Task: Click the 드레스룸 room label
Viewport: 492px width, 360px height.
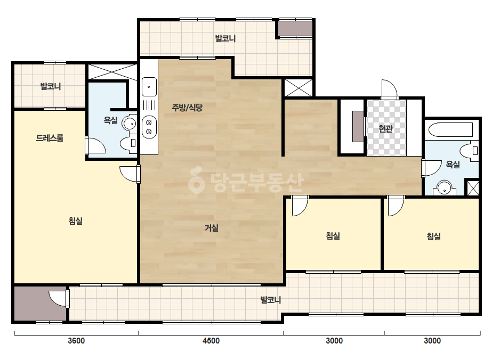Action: [x=50, y=138]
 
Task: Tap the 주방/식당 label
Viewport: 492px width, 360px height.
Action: [x=187, y=108]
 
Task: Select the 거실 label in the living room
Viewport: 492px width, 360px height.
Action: [x=212, y=228]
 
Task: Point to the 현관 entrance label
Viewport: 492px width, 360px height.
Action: [x=385, y=128]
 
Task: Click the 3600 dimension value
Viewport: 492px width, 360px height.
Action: [x=76, y=340]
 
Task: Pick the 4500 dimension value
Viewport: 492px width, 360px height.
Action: [x=211, y=340]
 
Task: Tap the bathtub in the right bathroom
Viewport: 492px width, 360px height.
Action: [x=450, y=130]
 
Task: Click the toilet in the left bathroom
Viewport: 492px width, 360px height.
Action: [x=128, y=143]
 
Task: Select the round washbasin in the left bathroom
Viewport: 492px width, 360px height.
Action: [x=129, y=123]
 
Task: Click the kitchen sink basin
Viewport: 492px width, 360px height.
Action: [x=149, y=87]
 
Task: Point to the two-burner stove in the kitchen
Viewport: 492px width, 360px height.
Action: [x=149, y=127]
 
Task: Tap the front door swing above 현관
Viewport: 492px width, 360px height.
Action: [x=389, y=89]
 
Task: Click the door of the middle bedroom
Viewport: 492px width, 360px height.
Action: [x=300, y=206]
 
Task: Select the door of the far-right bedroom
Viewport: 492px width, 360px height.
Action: [x=396, y=206]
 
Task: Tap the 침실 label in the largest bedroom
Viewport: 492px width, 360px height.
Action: [x=75, y=221]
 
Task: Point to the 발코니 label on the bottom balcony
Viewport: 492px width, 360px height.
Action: [x=270, y=300]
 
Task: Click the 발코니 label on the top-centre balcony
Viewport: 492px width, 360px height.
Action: [x=225, y=38]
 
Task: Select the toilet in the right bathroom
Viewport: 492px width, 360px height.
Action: [x=470, y=151]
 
